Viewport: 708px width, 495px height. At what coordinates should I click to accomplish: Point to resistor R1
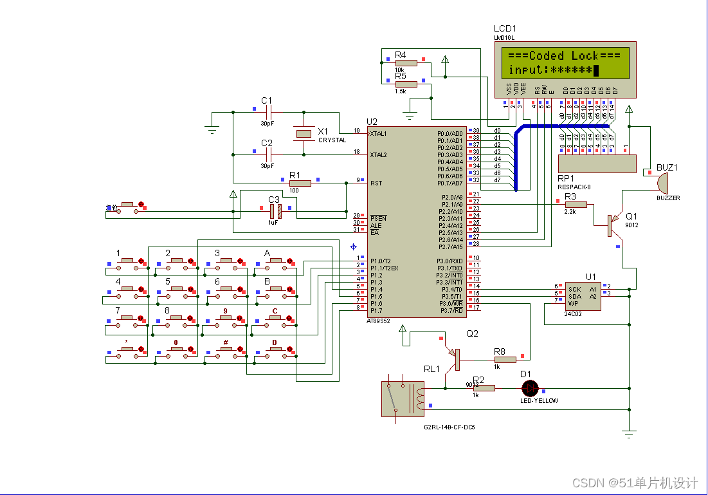point(300,183)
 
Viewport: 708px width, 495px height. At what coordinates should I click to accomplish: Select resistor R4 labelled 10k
point(405,62)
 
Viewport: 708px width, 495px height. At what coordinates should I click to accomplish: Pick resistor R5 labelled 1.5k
point(405,84)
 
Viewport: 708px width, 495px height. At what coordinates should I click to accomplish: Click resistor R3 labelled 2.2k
point(576,204)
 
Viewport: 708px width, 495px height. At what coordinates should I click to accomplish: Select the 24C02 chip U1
point(583,294)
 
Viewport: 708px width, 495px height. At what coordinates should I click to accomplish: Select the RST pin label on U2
point(376,183)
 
